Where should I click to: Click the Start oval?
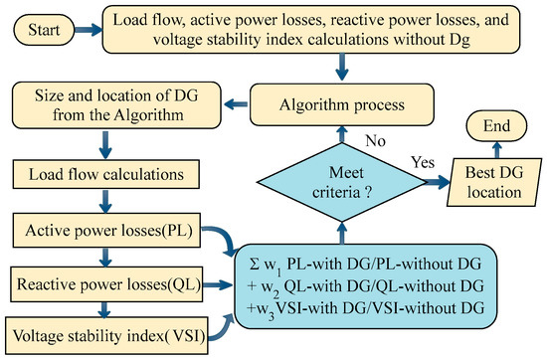37,30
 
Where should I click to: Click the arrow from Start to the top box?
86,30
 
